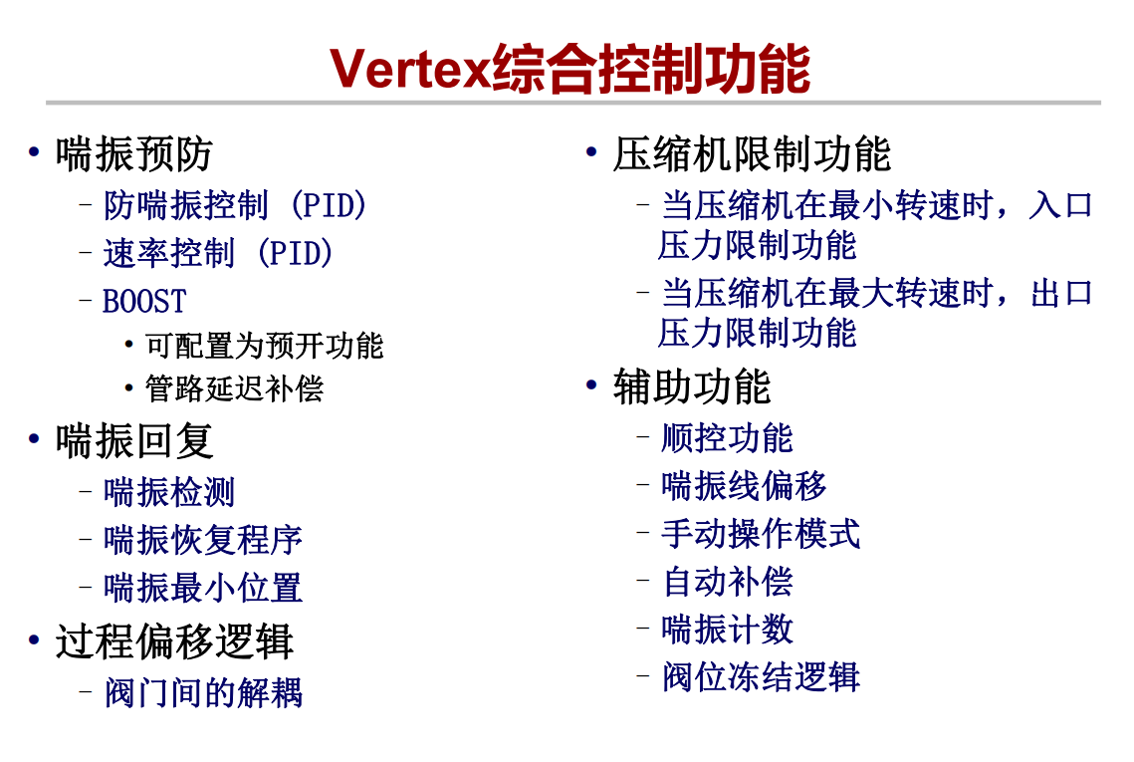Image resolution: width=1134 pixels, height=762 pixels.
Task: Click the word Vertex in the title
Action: pos(410,69)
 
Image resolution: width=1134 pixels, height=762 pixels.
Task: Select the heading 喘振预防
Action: pos(133,154)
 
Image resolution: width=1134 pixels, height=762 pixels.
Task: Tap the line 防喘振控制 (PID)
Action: pos(235,205)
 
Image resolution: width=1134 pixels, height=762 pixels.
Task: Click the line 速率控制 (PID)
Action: pos(218,253)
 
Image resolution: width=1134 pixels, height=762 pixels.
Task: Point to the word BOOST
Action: pos(144,301)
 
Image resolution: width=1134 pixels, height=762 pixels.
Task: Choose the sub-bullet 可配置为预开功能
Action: pos(264,345)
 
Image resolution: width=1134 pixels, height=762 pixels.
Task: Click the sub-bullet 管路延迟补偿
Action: pos(234,388)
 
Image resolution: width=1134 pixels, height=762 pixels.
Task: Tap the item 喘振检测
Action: pos(169,492)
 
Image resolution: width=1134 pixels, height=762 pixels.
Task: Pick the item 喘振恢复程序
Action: pos(202,540)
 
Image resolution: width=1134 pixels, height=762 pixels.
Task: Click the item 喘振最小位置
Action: pos(202,588)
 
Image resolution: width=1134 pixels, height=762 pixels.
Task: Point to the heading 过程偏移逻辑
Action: pos(173,641)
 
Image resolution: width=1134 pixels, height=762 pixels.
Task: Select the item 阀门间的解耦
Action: pos(203,692)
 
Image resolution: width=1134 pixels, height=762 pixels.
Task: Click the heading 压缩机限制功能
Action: pos(752,154)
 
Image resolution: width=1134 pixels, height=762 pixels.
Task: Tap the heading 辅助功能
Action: pos(692,386)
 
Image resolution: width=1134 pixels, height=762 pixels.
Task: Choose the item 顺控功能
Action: pos(727,438)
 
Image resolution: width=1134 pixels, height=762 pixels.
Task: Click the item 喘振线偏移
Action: pos(744,486)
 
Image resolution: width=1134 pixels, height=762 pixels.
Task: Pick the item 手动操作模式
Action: pos(761,534)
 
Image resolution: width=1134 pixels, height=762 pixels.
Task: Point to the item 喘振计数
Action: pos(727,630)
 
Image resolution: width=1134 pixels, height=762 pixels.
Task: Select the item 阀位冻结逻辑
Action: pos(761,677)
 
